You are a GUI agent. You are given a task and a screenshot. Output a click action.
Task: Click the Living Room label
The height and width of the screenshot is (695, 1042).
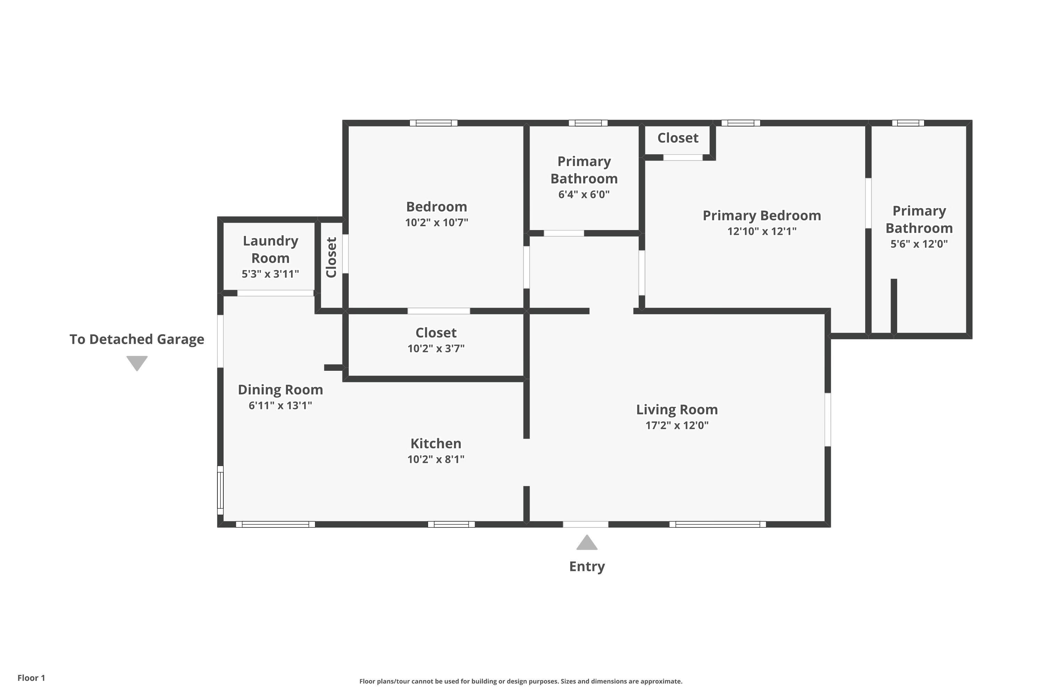(677, 410)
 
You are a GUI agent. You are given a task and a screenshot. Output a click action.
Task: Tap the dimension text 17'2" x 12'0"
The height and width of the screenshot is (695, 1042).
(677, 425)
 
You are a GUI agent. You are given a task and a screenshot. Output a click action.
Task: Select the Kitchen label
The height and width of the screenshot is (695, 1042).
(436, 443)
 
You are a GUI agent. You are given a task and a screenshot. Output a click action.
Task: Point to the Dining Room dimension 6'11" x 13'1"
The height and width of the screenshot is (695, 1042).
(280, 406)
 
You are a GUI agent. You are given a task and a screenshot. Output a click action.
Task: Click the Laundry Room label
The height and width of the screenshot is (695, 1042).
(270, 249)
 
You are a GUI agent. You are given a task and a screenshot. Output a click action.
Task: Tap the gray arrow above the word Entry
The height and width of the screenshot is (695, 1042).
(587, 543)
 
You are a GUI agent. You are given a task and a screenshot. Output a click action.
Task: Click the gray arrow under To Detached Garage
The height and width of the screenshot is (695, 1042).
(137, 362)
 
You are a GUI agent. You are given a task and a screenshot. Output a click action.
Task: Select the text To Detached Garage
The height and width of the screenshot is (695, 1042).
(137, 340)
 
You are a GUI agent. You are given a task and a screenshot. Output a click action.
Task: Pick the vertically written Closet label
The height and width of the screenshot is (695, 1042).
(331, 257)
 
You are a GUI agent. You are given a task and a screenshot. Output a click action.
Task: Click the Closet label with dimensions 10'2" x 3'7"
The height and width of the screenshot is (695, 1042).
(436, 333)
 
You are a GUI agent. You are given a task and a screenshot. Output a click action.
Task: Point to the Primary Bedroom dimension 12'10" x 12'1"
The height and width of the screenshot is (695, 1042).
(762, 231)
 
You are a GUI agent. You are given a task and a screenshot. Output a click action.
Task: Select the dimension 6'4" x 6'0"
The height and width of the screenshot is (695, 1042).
(584, 195)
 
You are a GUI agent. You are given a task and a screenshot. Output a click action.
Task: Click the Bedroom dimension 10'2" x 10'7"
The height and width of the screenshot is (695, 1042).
(436, 222)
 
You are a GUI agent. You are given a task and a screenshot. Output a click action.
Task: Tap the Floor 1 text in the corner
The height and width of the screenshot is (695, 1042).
(31, 678)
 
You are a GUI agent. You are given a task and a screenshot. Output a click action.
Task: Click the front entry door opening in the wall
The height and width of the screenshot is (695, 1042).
(585, 524)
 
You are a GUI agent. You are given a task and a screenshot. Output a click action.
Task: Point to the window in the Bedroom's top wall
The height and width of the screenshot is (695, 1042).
(433, 123)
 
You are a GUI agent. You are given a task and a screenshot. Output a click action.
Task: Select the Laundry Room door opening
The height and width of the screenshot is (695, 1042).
(275, 293)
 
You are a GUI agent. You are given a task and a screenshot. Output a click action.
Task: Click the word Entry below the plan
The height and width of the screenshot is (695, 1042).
(587, 566)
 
